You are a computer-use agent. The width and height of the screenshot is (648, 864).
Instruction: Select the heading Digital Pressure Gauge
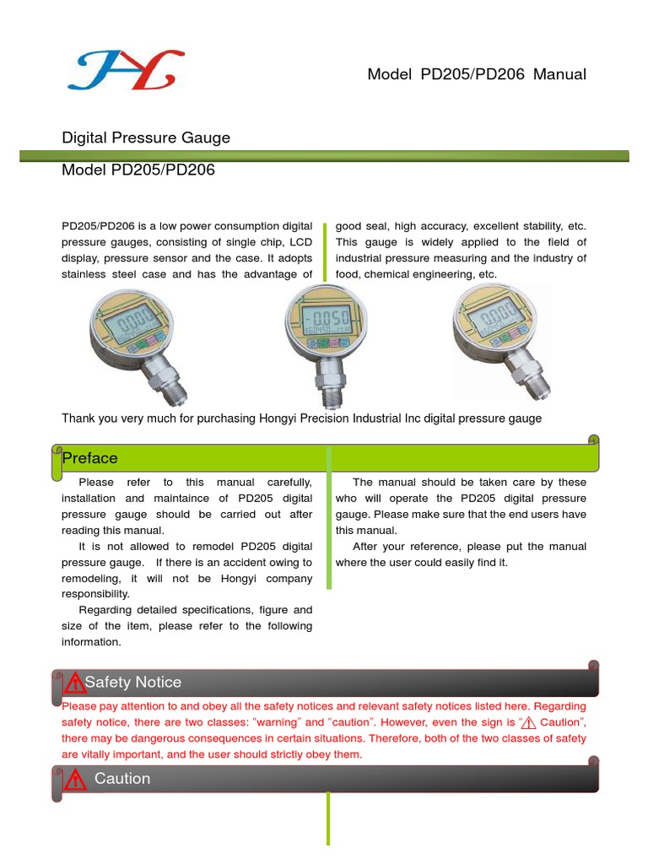tap(146, 138)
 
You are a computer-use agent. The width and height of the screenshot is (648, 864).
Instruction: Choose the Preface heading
tap(90, 458)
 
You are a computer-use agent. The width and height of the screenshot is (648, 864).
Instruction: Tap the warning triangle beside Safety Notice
tap(75, 682)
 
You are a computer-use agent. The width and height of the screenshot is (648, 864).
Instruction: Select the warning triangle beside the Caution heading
tap(75, 779)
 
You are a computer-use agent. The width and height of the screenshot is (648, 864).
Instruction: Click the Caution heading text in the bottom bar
tap(122, 779)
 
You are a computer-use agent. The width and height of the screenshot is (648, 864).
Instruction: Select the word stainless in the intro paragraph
tap(90, 275)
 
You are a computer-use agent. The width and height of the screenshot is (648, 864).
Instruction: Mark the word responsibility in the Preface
tap(95, 594)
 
